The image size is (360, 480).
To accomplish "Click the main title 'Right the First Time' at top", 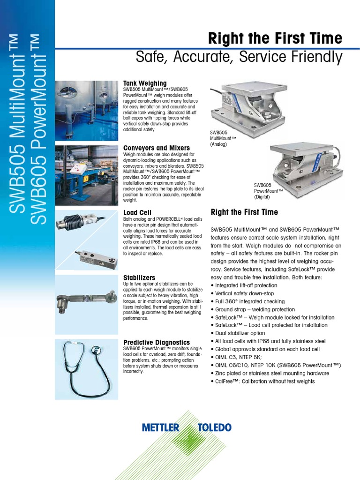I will (275, 38).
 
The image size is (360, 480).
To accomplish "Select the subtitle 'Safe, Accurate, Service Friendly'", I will (239, 57).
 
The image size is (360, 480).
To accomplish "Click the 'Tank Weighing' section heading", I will (145, 83).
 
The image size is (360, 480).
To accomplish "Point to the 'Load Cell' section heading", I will (137, 212).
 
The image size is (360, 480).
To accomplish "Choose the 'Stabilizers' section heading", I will (139, 278).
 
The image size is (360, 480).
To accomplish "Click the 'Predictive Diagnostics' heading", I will (156, 342).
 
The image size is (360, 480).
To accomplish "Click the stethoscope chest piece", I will (96, 349).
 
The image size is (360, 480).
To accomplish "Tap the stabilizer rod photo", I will (86, 300).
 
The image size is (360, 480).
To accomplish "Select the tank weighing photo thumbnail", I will (86, 111).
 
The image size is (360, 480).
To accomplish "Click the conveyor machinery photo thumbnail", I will (86, 175).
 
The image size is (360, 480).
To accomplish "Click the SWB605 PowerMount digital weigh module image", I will (305, 169).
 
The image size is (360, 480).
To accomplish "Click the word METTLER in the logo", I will (160, 427).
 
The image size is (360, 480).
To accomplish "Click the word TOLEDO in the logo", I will (214, 427).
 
